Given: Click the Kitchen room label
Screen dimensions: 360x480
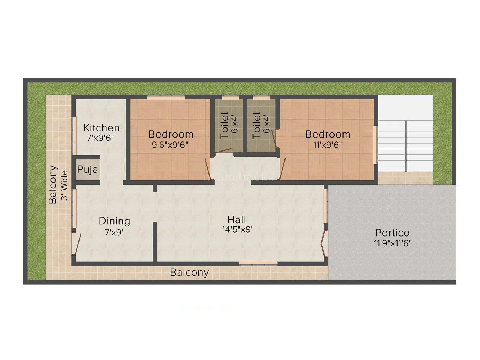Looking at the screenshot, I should (x=101, y=128).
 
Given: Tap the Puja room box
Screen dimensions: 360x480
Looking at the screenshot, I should (x=88, y=170).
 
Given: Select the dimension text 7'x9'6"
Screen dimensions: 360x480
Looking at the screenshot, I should (x=101, y=138).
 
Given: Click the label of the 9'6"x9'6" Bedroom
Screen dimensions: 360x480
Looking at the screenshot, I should (x=171, y=134).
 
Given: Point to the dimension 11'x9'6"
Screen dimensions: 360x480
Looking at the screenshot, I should (x=327, y=145).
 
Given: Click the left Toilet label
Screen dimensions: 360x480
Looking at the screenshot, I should (x=224, y=125).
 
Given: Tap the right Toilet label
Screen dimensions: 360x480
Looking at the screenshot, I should (x=256, y=125).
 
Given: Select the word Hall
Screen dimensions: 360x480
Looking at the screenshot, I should (x=237, y=220).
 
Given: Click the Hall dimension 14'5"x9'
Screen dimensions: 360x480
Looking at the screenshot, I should (x=237, y=230).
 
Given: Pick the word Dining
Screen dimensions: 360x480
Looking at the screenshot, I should (x=114, y=221).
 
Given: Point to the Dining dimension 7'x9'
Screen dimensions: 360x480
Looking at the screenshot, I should (x=114, y=233).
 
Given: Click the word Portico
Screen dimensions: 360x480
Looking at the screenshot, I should (x=392, y=233).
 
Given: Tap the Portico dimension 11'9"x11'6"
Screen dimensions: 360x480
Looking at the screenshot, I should (x=392, y=243).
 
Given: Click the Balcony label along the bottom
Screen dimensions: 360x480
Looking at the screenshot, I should (x=189, y=272).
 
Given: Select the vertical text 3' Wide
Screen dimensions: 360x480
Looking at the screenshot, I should (x=64, y=185).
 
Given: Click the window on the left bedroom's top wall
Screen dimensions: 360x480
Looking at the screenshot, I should (x=166, y=97).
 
